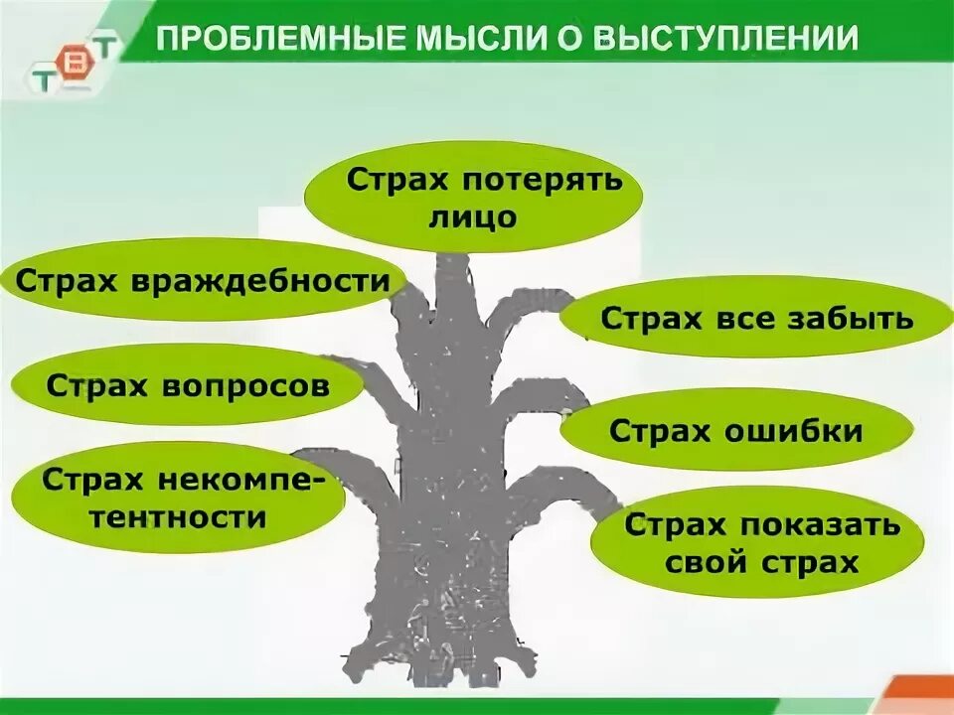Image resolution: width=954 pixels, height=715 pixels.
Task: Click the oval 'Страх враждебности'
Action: (x=203, y=280)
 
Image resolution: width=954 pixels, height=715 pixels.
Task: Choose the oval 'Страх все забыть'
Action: (x=755, y=318)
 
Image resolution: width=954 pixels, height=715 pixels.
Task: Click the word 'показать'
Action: (x=827, y=525)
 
